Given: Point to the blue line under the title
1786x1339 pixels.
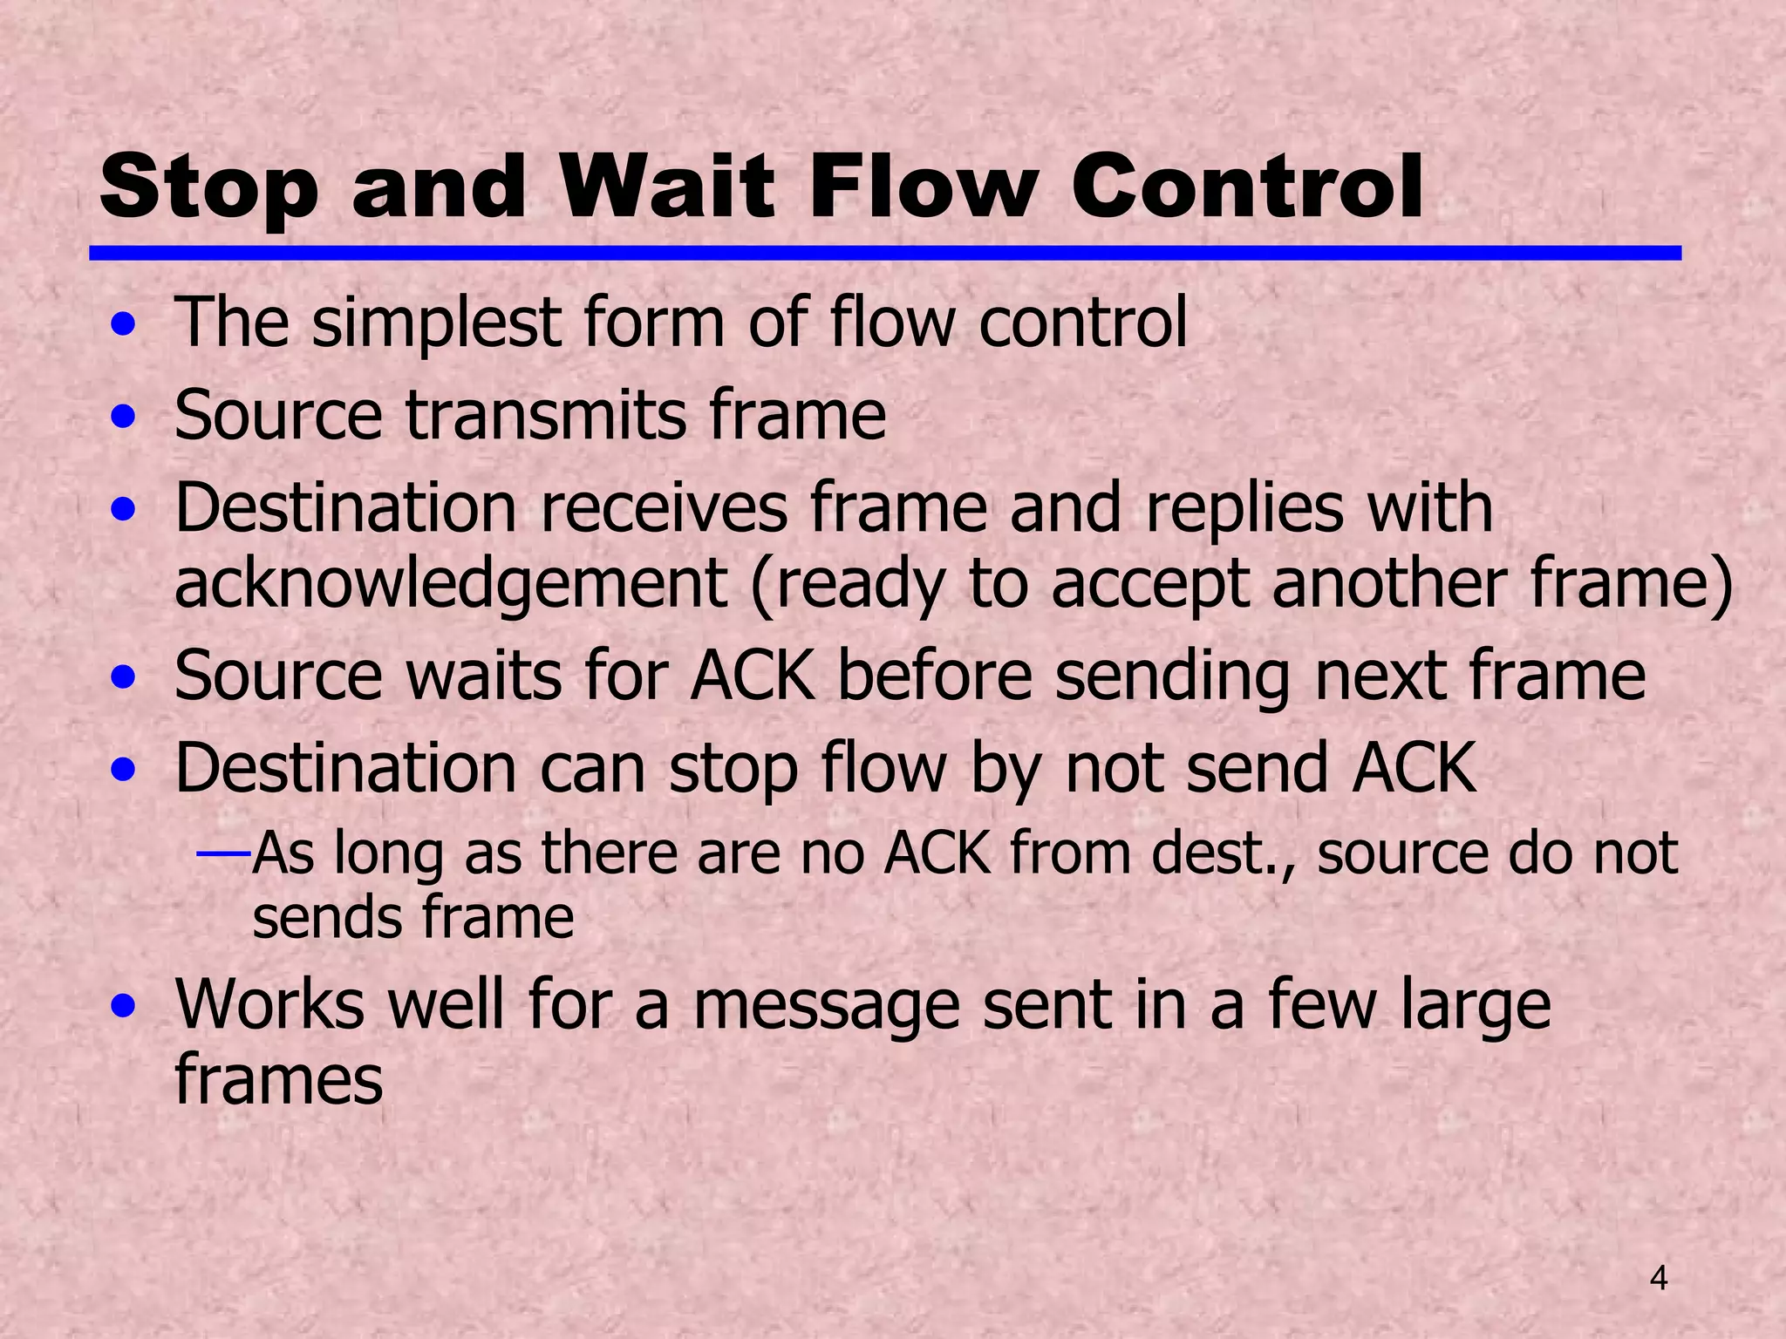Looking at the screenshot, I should click(884, 253).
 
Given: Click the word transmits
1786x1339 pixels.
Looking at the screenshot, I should click(546, 415).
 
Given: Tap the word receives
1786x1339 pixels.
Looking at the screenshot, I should click(665, 507).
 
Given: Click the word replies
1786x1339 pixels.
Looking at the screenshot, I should click(1244, 509).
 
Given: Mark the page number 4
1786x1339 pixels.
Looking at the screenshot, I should click(1659, 1279).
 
